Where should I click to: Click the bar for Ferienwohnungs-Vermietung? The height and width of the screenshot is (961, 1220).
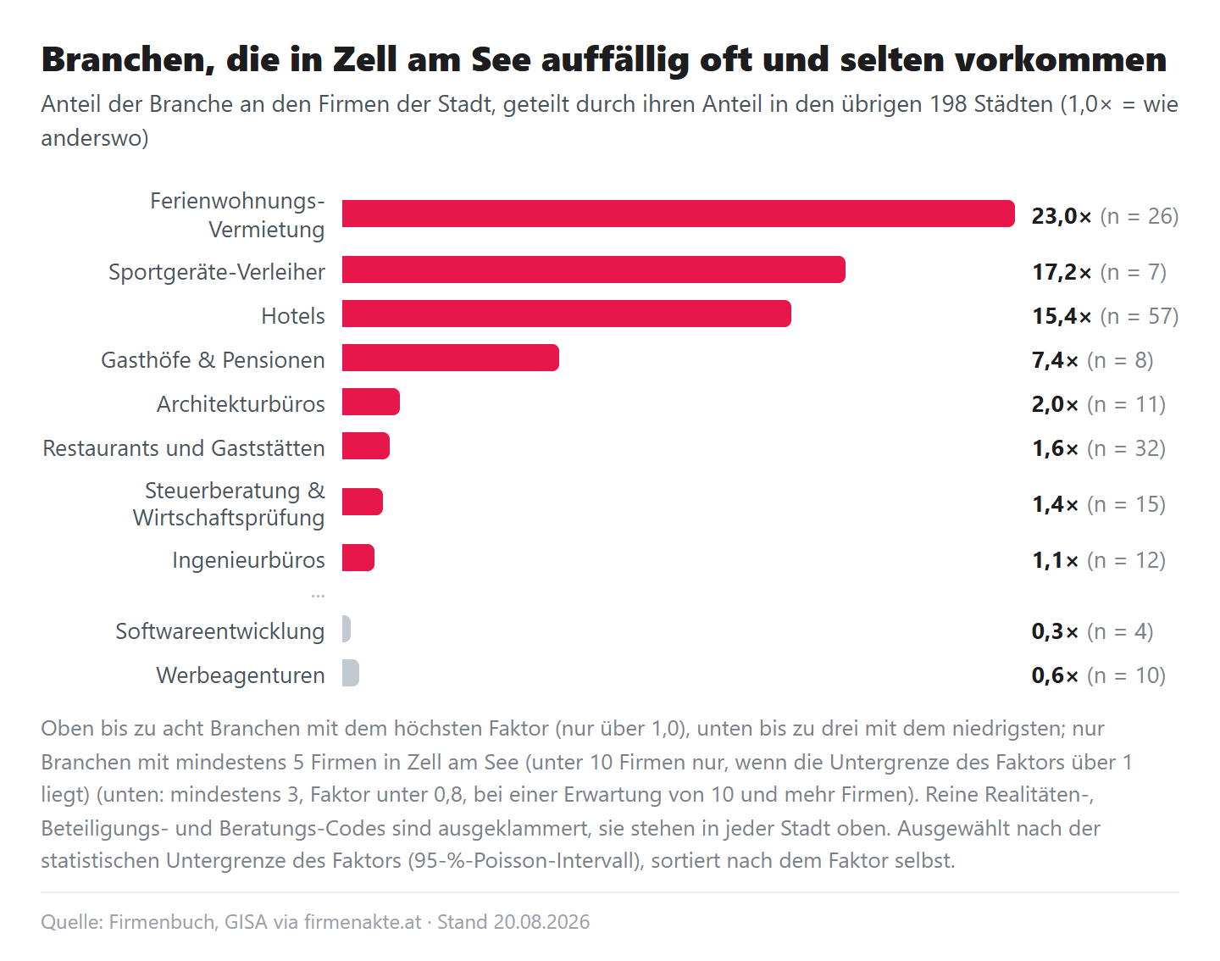pyautogui.click(x=678, y=214)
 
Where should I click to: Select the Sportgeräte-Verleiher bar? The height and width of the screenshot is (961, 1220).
pyautogui.click(x=594, y=269)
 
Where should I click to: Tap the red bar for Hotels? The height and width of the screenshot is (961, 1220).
pyautogui.click(x=566, y=314)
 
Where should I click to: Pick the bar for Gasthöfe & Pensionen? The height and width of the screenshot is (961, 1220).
pyautogui.click(x=450, y=358)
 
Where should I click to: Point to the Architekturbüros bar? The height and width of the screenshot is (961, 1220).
pyautogui.click(x=371, y=402)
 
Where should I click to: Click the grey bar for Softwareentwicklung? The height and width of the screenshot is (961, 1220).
pyautogui.click(x=347, y=629)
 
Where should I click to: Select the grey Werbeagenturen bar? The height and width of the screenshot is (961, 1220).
pyautogui.click(x=351, y=673)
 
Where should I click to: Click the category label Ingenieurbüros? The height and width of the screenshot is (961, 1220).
pyautogui.click(x=248, y=560)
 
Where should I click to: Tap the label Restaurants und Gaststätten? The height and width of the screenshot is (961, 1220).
pyautogui.click(x=184, y=448)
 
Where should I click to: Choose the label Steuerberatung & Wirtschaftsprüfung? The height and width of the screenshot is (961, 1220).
pyautogui.click(x=229, y=503)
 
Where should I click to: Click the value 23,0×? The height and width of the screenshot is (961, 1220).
pyautogui.click(x=1062, y=216)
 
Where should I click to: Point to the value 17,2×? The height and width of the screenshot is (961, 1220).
pyautogui.click(x=1062, y=272)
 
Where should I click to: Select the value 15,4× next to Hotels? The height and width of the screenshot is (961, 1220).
pyautogui.click(x=1062, y=316)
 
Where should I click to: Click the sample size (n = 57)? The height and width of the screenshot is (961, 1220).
pyautogui.click(x=1140, y=316)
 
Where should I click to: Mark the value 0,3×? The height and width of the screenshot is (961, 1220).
pyautogui.click(x=1055, y=631)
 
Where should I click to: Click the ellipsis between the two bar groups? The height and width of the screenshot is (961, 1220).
pyautogui.click(x=318, y=597)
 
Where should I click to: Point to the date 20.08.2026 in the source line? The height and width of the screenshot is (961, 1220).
pyautogui.click(x=541, y=922)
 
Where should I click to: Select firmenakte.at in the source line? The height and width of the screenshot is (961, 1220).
pyautogui.click(x=363, y=922)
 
